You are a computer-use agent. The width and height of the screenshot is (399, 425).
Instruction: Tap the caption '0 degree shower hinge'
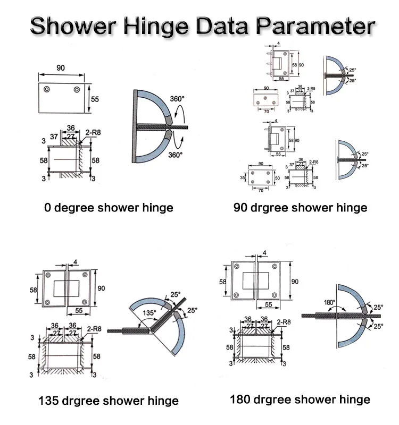pos(109,207)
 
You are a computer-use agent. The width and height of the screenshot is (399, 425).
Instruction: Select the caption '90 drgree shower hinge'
pos(300,207)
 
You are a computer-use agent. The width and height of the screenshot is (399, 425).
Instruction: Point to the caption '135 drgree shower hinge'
pos(108,400)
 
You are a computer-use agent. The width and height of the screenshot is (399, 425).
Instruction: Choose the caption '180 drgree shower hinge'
pos(300,399)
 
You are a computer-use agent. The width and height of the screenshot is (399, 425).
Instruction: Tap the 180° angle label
pos(329,303)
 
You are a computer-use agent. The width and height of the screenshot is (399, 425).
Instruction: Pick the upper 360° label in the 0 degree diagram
pos(177,99)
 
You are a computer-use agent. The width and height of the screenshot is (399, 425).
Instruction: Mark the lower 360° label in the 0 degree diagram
pos(175,155)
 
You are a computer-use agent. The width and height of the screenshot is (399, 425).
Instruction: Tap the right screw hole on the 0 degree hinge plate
pos(77,89)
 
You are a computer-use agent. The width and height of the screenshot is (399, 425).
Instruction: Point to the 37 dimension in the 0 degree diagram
pos(54,137)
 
